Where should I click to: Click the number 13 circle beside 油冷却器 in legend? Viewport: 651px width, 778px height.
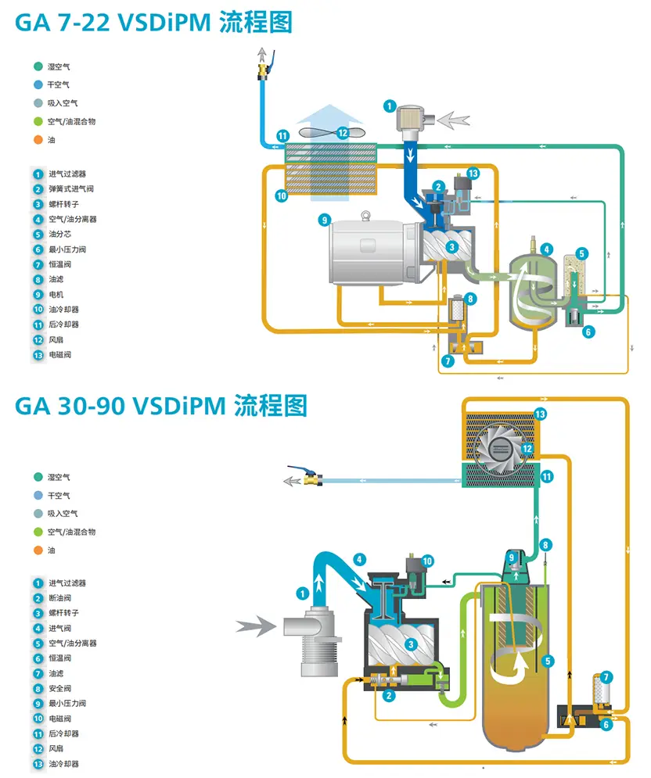(x=38, y=764)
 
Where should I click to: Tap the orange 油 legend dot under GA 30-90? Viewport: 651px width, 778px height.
(x=38, y=550)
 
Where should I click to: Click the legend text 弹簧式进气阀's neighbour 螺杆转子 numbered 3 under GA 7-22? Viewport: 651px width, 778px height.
(x=63, y=204)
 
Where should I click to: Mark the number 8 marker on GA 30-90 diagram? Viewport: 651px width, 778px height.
(x=546, y=544)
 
